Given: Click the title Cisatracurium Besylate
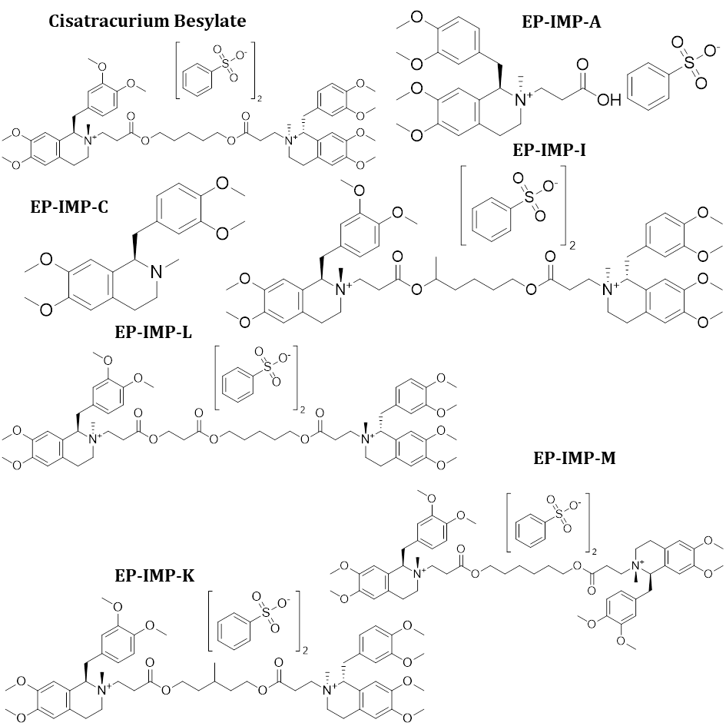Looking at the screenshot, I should (x=148, y=21).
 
